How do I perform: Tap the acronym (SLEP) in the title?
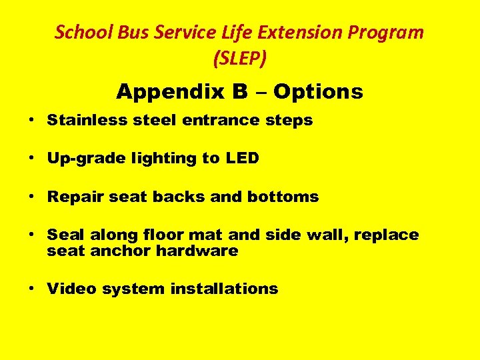(x=240, y=59)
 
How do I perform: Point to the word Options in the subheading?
(x=318, y=91)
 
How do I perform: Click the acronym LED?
(x=241, y=159)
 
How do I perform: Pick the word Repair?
(x=73, y=197)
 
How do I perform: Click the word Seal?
(x=62, y=235)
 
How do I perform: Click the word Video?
(x=69, y=289)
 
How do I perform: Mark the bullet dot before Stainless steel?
(x=32, y=121)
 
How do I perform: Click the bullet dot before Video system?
(x=32, y=289)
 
